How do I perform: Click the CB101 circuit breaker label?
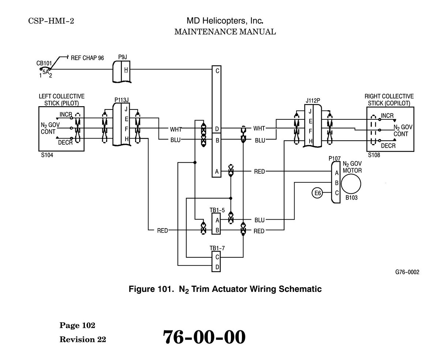(x=44, y=63)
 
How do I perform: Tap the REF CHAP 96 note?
(x=87, y=58)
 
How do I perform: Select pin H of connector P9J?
(x=126, y=70)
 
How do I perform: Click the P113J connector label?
(x=122, y=100)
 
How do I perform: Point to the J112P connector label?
(x=313, y=101)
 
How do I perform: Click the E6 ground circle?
(x=317, y=193)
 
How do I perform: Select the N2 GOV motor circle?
(x=351, y=184)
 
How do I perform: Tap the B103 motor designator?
(x=351, y=198)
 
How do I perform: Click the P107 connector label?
(x=335, y=158)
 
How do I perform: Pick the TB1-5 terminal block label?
(x=217, y=210)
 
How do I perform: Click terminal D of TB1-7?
(x=217, y=267)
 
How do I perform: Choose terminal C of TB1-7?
(x=217, y=257)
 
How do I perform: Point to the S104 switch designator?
(x=47, y=155)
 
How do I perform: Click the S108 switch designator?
(x=374, y=155)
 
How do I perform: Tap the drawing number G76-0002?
(x=407, y=272)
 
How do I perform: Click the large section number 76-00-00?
(x=204, y=337)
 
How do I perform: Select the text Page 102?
(x=77, y=326)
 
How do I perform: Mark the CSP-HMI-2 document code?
(x=51, y=21)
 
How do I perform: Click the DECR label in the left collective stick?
(x=65, y=142)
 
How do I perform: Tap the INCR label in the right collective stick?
(x=387, y=115)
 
